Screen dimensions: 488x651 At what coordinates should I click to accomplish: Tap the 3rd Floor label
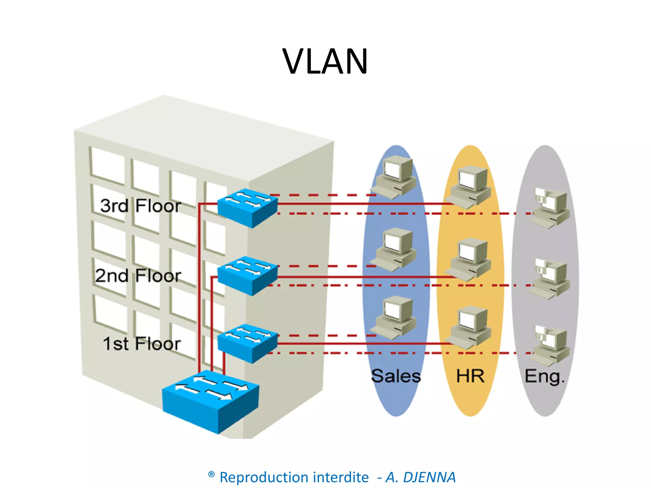[140, 206]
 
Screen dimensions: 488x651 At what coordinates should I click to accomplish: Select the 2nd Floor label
[138, 275]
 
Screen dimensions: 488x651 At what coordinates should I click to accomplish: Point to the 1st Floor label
[142, 344]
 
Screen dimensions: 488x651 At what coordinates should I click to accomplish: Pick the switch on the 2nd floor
[247, 275]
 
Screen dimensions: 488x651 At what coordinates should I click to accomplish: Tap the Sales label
[396, 376]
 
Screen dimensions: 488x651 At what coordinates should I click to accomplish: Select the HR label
[470, 376]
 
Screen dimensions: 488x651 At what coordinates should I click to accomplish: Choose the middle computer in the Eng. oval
[550, 278]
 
